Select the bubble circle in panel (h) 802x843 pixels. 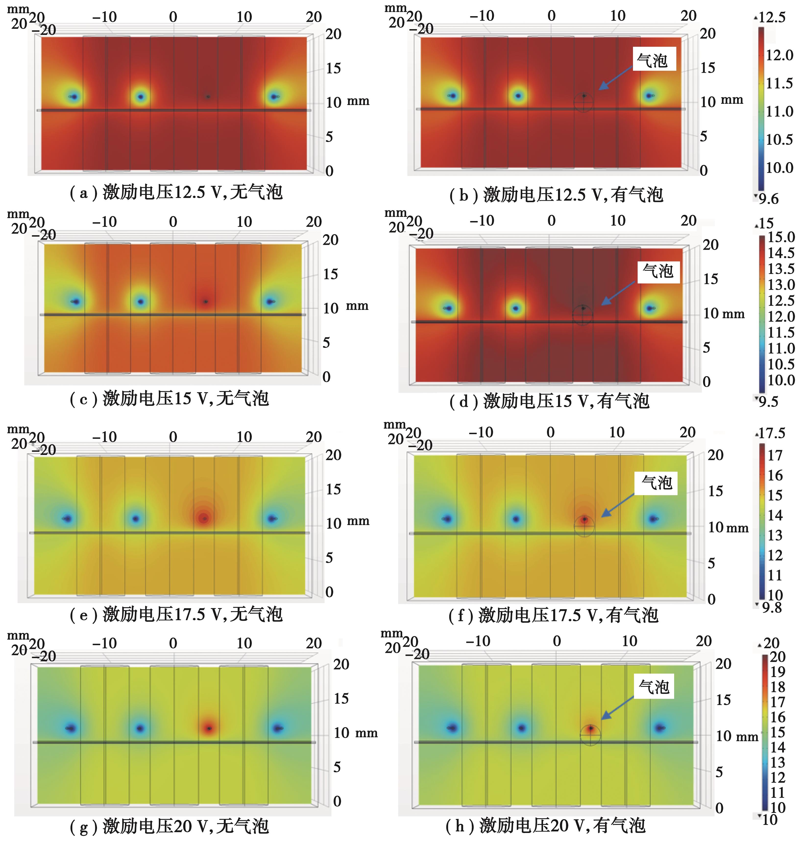click(x=590, y=735)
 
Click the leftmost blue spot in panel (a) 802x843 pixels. click(x=74, y=96)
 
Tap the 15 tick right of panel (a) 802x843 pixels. click(x=333, y=68)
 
